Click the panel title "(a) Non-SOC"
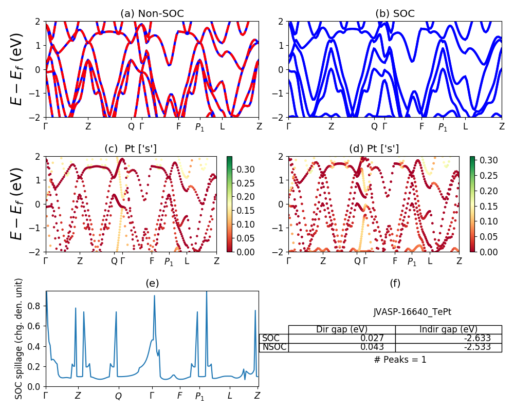152,14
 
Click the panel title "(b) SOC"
395,14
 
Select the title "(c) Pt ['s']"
131,149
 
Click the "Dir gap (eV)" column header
342,329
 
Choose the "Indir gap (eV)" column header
448,329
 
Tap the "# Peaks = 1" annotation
400,360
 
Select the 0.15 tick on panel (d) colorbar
489,206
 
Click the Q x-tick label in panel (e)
118,396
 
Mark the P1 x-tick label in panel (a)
199,127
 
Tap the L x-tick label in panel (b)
465,126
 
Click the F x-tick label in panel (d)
395,261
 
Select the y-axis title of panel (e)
19,339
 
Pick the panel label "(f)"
395,283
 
